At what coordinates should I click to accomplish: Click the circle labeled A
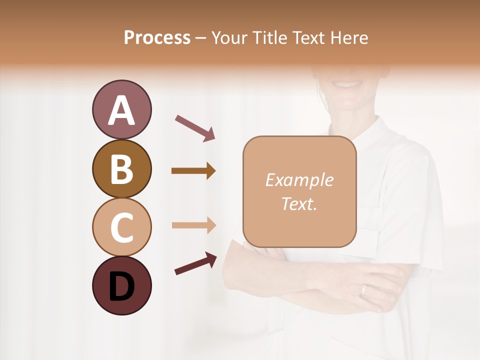121,110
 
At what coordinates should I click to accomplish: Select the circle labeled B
121,169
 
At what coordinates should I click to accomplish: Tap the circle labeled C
121,227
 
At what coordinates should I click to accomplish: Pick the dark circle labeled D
121,285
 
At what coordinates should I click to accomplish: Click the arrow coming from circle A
194,128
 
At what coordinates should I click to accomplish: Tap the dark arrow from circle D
195,263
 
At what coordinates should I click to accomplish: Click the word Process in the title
157,38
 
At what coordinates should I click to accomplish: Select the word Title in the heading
269,38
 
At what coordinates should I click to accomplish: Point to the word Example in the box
299,180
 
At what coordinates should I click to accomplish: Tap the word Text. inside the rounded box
299,204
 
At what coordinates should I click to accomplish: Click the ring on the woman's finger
364,290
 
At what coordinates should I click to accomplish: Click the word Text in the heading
307,38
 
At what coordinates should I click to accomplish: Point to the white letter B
121,169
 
